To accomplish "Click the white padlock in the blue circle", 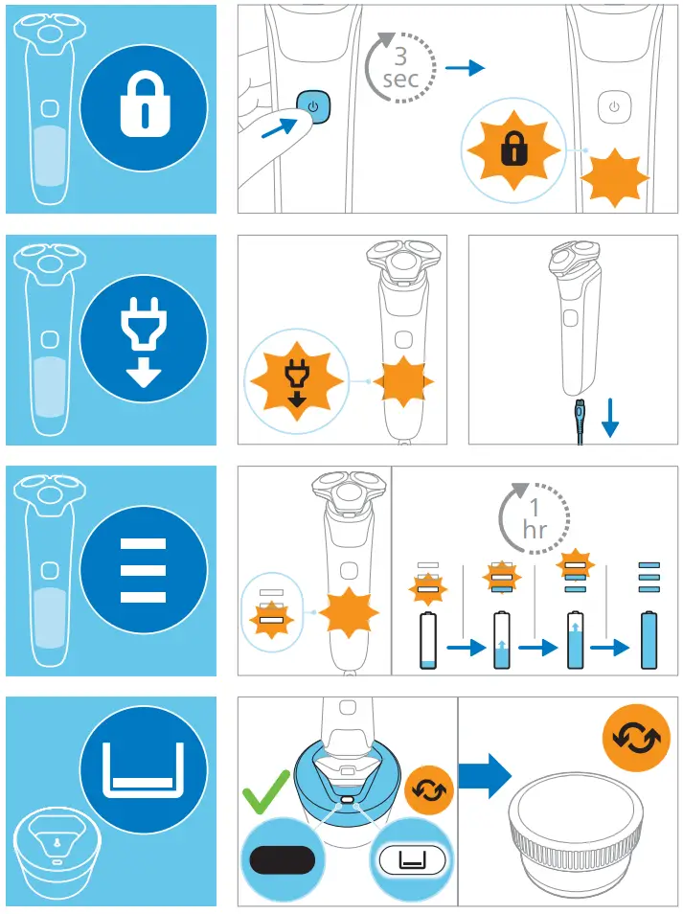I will click(x=145, y=108).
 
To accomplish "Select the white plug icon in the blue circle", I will click(x=145, y=340).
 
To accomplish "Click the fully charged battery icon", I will click(x=650, y=639).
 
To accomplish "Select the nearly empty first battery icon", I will click(x=429, y=642).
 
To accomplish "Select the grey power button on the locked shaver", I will click(x=614, y=106).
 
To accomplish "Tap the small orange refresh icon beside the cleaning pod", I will click(x=423, y=789).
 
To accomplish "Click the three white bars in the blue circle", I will click(x=144, y=570).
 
